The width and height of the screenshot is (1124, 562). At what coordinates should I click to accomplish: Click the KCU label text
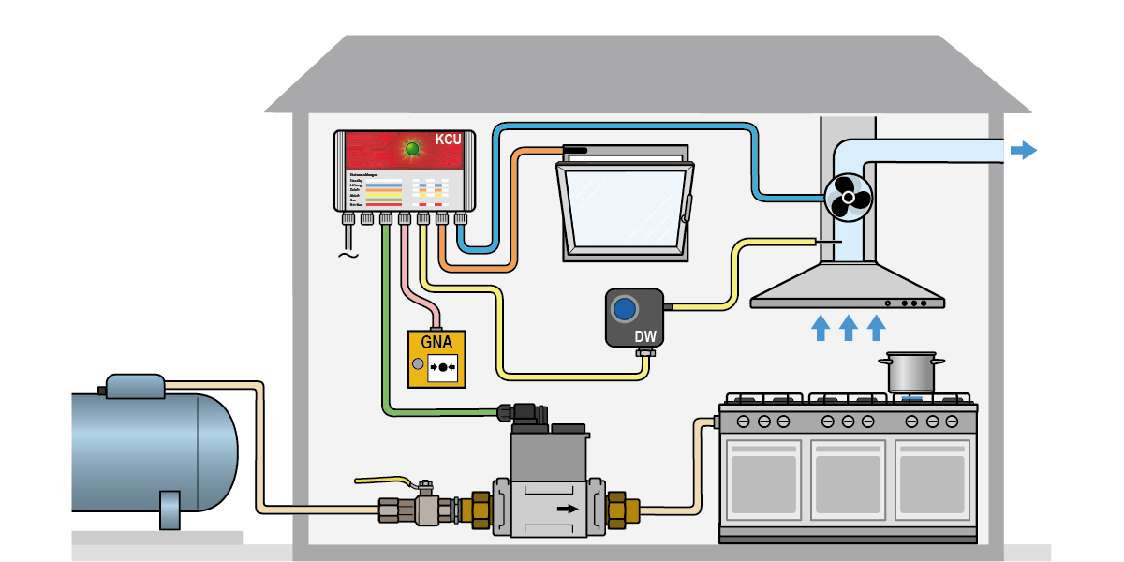[x=448, y=141]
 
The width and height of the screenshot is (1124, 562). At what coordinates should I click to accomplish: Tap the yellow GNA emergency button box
[x=436, y=359]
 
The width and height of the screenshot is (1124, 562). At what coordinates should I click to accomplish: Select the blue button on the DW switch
[x=623, y=308]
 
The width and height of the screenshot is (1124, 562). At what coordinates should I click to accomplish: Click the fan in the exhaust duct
[x=848, y=197]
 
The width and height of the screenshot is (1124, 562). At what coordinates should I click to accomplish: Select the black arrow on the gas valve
[x=566, y=509]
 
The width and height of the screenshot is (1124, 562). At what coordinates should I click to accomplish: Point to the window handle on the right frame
[x=687, y=208]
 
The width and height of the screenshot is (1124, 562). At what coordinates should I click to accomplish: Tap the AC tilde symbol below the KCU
[x=348, y=254]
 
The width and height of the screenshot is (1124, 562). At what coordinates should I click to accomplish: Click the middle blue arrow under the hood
[x=848, y=327]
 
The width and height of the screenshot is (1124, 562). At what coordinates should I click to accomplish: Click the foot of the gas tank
[x=170, y=510]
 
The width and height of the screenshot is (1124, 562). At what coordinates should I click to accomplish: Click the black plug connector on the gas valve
[x=518, y=412]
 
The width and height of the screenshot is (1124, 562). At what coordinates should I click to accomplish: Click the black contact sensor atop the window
[x=574, y=149]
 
